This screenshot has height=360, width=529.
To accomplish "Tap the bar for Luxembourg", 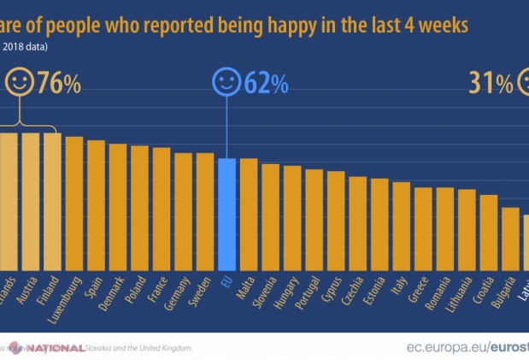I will [x=74, y=205].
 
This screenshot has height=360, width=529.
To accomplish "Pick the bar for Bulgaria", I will [x=510, y=240].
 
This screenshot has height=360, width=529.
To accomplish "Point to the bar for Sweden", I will [x=205, y=213].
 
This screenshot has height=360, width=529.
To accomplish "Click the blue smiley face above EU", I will [x=226, y=83].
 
